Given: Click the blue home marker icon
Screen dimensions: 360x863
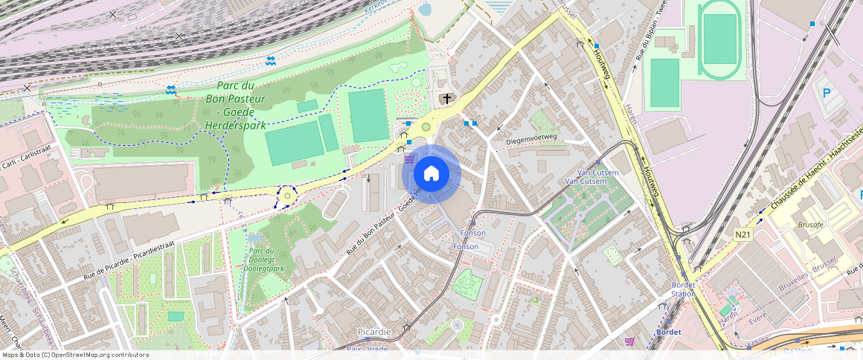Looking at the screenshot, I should (431, 174).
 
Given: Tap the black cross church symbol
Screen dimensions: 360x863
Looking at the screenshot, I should (447, 98).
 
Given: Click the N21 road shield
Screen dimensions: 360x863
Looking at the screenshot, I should (742, 235).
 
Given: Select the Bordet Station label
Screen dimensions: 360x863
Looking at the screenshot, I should (683, 289).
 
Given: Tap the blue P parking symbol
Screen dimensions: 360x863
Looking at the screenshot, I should (826, 94).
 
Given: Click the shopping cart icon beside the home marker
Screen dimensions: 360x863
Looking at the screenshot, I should (408, 158).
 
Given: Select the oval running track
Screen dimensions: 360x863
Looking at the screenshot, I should (719, 39).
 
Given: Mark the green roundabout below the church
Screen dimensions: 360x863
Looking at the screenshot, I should (426, 126).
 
